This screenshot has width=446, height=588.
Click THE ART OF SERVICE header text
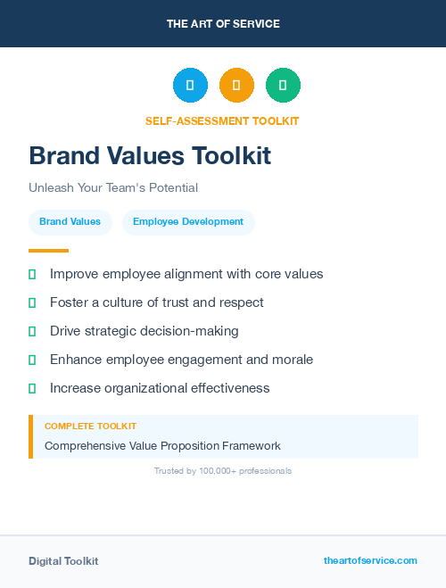(x=223, y=24)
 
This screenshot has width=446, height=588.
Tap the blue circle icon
(x=190, y=86)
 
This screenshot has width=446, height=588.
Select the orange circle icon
(x=236, y=86)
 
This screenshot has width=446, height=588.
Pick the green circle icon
(x=283, y=86)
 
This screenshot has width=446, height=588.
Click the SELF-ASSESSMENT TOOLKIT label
(x=222, y=120)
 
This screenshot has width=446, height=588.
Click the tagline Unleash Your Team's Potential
(x=113, y=188)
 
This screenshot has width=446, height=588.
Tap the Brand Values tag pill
(x=70, y=222)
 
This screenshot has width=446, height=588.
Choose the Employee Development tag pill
(x=188, y=222)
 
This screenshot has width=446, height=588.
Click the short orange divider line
(x=48, y=251)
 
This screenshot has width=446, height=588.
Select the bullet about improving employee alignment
(x=186, y=274)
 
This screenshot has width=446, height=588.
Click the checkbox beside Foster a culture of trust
(x=32, y=302)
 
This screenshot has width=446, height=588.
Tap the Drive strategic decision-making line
(x=145, y=331)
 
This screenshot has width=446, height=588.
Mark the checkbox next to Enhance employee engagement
(x=32, y=360)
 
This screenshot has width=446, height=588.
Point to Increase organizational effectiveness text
(x=160, y=388)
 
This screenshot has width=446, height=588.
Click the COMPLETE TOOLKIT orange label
(x=90, y=427)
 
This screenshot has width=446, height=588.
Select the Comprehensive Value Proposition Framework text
(x=162, y=445)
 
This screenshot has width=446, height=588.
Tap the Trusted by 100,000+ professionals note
(x=223, y=470)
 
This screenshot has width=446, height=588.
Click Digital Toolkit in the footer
(x=63, y=561)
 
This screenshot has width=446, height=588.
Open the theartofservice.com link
(x=370, y=560)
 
